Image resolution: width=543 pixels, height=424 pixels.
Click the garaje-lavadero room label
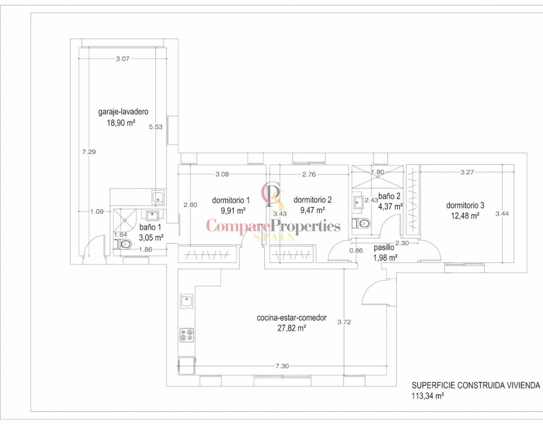point(123,112)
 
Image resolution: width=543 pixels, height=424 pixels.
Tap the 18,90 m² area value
point(121,123)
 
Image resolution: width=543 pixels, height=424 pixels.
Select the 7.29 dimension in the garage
point(89,152)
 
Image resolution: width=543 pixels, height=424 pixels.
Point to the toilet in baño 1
point(124,244)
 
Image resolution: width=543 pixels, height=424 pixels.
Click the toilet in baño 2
point(361,224)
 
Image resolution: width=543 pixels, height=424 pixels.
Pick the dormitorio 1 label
point(231,200)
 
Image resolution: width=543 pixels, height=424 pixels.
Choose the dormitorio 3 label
point(465,205)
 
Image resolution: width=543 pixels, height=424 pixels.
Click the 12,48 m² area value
point(465,216)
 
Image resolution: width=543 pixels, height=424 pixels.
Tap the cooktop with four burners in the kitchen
point(187,335)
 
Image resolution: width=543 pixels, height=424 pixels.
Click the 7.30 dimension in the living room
point(282,366)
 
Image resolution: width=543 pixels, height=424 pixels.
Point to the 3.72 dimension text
point(344,322)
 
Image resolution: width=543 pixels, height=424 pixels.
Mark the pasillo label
point(384,248)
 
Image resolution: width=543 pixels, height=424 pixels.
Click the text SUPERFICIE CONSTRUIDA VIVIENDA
point(476,385)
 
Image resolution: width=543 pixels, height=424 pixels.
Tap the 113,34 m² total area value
point(428,396)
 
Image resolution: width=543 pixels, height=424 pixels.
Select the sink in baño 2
point(358,202)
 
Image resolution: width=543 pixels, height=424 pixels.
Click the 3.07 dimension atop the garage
point(122,58)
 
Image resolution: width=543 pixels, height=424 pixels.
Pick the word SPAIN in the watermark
point(274,237)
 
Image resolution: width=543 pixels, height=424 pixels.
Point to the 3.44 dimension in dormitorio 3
point(502,214)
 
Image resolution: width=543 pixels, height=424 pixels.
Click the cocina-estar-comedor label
point(292,318)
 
